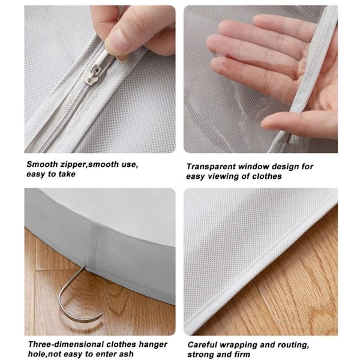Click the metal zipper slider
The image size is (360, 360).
[x=98, y=69]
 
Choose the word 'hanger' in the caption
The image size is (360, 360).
[x=152, y=345]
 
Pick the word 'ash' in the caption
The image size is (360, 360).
[x=126, y=354]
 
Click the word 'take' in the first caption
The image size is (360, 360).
[x=67, y=174]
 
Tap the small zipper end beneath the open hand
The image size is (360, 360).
[x=290, y=139]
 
